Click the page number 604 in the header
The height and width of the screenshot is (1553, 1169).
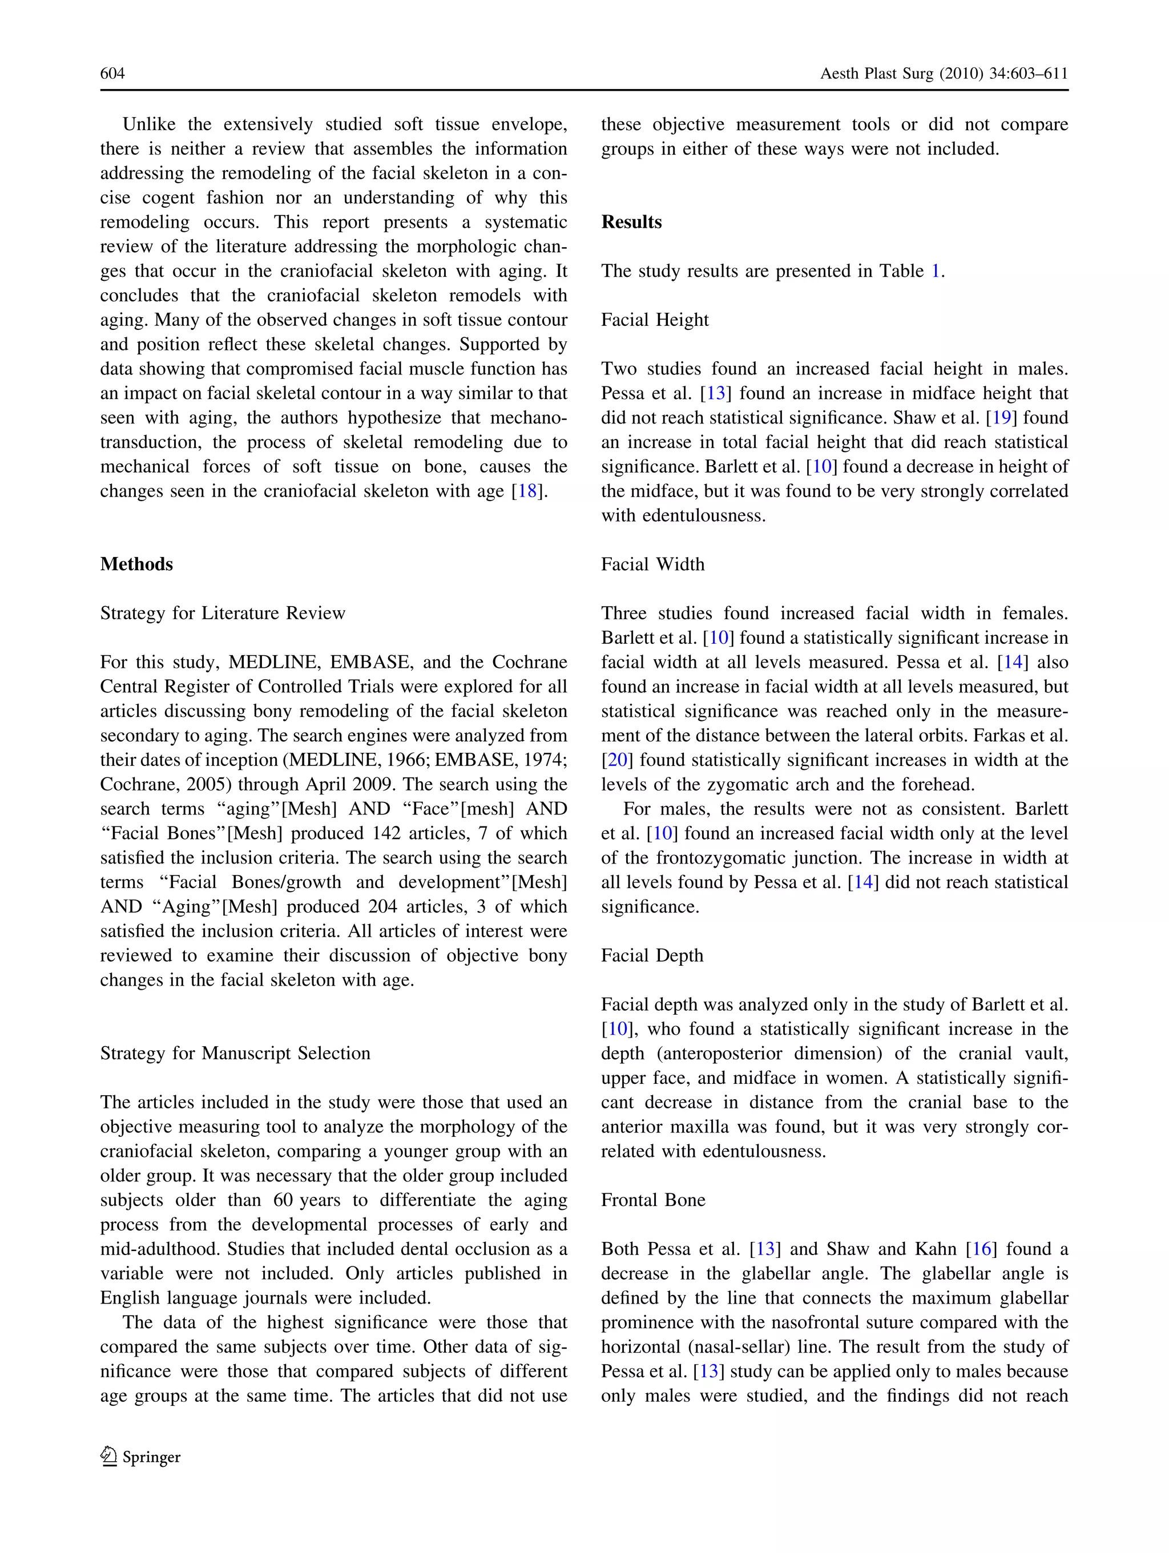112,74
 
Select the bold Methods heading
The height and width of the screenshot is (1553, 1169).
136,564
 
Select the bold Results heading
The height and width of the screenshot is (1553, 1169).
631,222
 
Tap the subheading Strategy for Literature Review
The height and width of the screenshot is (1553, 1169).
223,614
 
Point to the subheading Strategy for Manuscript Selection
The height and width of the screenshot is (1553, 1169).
235,1053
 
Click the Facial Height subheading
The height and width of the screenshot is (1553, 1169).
654,320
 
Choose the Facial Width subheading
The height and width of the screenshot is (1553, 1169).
652,564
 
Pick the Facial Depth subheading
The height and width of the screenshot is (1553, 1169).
651,955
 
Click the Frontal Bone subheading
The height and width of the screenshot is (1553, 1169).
653,1200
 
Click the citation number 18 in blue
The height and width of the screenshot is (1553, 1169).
527,491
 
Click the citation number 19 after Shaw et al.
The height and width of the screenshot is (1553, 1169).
1002,418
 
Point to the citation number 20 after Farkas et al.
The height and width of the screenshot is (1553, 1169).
618,760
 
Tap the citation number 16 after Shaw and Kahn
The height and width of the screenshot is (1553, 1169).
981,1249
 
